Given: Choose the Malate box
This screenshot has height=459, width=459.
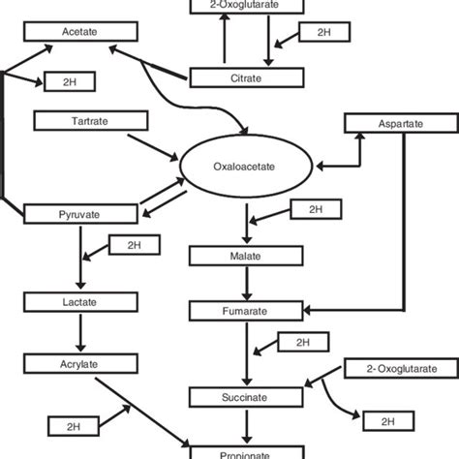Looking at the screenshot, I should pos(237,258).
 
